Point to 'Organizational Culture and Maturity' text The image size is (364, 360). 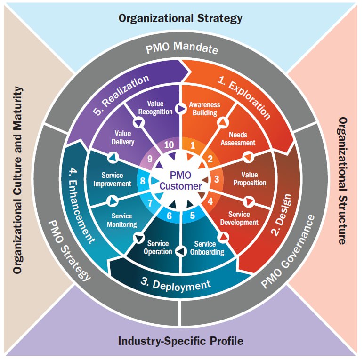pyautogui.click(x=18, y=180)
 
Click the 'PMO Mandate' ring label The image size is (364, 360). pyautogui.click(x=181, y=48)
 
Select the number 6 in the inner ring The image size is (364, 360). pyautogui.click(x=170, y=217)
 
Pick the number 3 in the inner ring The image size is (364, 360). pyautogui.click(x=217, y=179)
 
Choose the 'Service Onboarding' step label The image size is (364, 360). pyautogui.click(x=205, y=248)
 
